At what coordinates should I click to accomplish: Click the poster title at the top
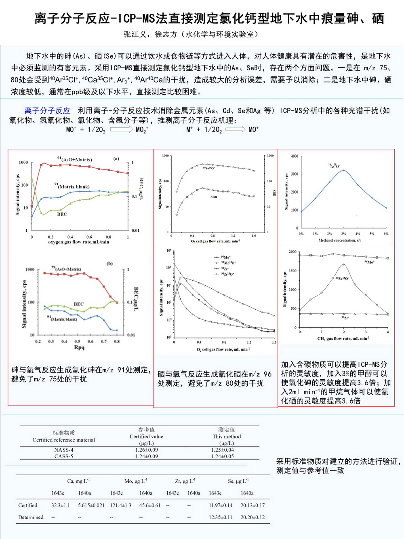click(x=209, y=19)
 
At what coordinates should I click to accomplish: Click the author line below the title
click(x=191, y=34)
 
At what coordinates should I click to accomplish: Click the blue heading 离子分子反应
click(x=47, y=110)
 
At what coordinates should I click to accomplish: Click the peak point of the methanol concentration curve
click(x=343, y=170)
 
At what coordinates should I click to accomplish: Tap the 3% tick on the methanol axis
click(x=343, y=234)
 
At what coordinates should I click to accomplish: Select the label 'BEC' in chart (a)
click(x=62, y=214)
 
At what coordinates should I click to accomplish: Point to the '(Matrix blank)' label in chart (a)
click(x=73, y=186)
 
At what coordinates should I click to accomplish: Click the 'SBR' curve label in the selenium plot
click(x=214, y=197)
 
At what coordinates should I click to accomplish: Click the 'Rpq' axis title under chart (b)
click(x=79, y=347)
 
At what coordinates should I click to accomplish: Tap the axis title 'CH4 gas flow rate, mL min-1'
click(x=343, y=338)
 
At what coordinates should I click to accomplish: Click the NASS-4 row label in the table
click(x=64, y=450)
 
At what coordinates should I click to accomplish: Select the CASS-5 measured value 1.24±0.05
click(x=223, y=457)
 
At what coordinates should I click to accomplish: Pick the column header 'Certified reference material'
click(x=64, y=440)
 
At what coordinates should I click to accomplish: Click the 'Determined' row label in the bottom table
click(x=31, y=517)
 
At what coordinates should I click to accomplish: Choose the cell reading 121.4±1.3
click(x=120, y=505)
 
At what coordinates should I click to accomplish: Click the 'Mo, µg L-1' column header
click(x=136, y=481)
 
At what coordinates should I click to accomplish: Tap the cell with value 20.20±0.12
click(x=253, y=517)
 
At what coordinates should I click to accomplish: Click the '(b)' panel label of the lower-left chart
click(x=109, y=263)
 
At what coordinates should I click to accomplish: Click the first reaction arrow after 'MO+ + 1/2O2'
click(x=121, y=129)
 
